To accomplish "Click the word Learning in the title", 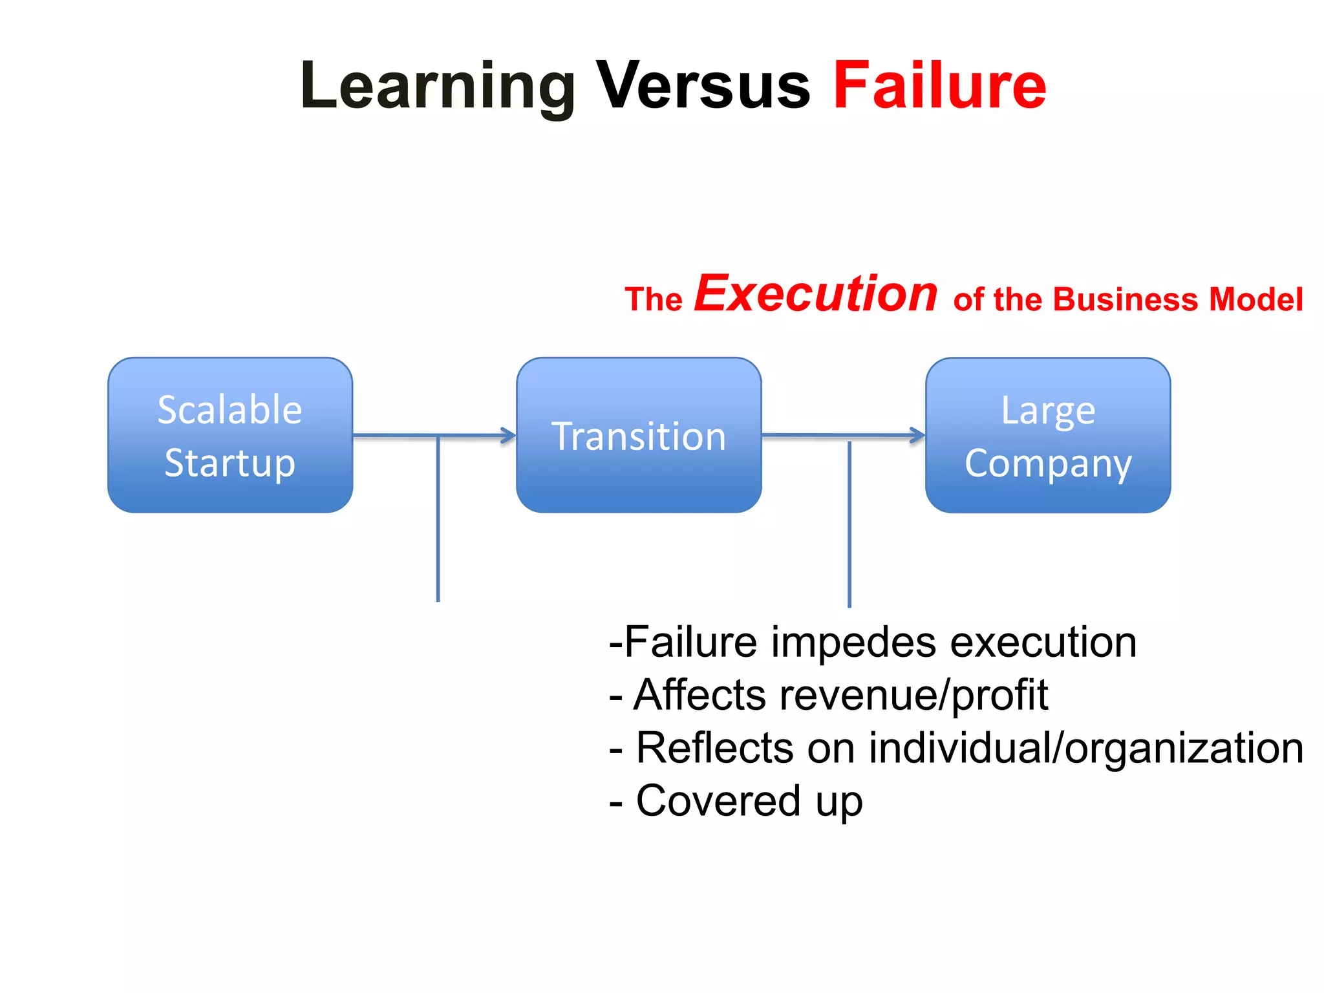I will [437, 87].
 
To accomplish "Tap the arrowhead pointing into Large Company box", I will [919, 435].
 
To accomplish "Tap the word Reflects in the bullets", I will [715, 749].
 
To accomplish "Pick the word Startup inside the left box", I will [230, 463].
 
